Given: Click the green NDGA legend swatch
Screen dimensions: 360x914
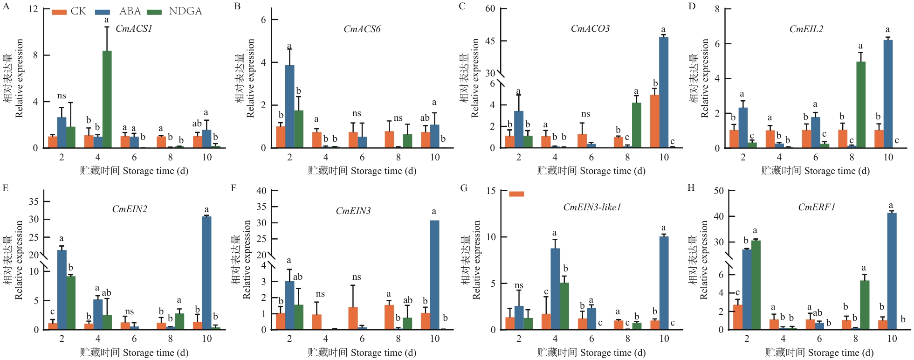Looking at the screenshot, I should (x=154, y=12).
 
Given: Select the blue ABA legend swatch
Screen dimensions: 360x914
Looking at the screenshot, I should (x=103, y=12).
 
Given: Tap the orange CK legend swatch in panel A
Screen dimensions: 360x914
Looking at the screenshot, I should (x=59, y=12).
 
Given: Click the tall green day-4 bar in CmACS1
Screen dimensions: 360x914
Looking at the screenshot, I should (x=107, y=99).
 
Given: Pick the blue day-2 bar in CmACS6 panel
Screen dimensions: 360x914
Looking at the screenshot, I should (x=289, y=106).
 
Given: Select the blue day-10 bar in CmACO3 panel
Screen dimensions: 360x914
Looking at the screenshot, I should (x=664, y=92).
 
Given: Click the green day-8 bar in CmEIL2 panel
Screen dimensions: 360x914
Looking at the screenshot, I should (x=861, y=104).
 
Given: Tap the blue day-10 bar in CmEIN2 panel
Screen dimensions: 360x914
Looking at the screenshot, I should (x=206, y=273).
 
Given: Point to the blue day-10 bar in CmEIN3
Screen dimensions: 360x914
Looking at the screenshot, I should (x=434, y=275).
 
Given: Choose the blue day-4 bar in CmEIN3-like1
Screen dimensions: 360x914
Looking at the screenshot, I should (x=555, y=289).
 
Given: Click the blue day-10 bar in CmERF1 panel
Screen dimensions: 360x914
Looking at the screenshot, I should (x=892, y=271).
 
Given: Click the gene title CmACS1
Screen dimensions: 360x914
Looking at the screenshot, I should (x=134, y=29).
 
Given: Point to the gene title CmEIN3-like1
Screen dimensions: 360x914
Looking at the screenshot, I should (x=592, y=207).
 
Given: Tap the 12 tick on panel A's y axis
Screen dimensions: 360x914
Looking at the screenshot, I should (x=33, y=9).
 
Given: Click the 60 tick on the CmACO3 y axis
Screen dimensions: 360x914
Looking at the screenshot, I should (x=490, y=9).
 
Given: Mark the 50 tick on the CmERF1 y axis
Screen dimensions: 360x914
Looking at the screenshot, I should (x=719, y=191).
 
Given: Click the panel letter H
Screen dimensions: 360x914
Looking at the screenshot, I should (x=691, y=187).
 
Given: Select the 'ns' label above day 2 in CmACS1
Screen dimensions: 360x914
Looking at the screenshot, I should (x=62, y=96).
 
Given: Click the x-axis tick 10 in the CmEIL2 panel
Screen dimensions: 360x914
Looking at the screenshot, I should (x=888, y=157).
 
